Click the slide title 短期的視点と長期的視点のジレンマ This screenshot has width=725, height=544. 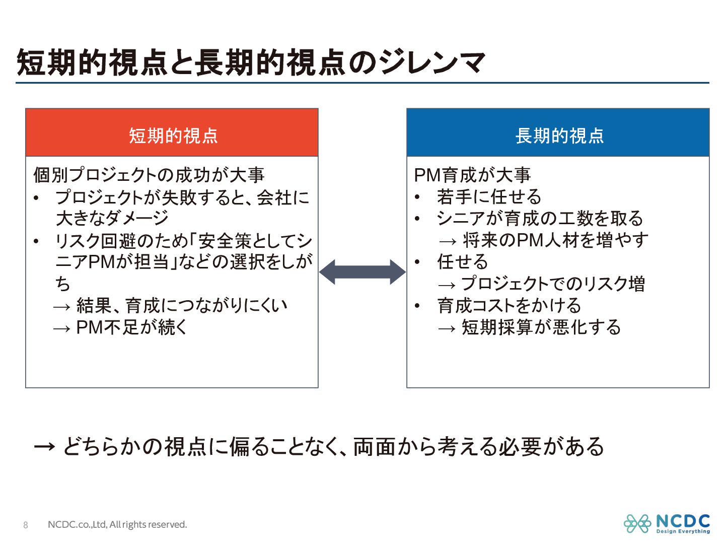click(251, 62)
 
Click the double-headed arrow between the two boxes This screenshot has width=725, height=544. click(362, 272)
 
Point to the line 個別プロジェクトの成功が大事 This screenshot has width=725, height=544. click(149, 175)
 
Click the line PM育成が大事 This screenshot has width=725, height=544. click(472, 175)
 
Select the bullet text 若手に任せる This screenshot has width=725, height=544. click(489, 196)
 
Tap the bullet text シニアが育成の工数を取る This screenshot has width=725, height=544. click(540, 218)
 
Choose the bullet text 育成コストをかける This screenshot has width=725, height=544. click(509, 305)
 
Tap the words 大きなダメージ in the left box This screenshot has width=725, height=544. click(112, 218)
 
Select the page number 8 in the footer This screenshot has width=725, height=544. click(26, 525)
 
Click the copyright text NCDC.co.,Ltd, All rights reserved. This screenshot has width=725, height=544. click(117, 525)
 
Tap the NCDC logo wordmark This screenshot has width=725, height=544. click(683, 521)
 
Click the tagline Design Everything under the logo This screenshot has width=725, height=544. click(683, 531)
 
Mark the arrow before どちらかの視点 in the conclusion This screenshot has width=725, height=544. click(44, 447)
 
